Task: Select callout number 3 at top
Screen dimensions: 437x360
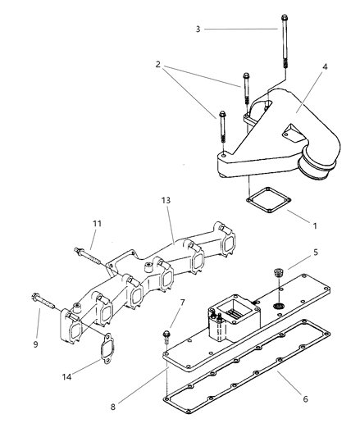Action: click(198, 29)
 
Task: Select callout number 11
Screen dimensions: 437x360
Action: click(96, 222)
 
